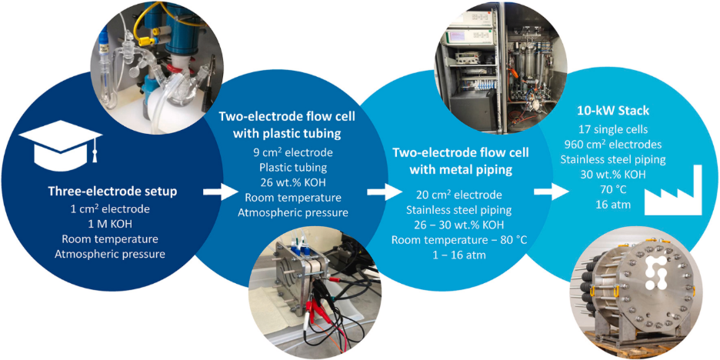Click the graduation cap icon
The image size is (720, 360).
click(x=60, y=142)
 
